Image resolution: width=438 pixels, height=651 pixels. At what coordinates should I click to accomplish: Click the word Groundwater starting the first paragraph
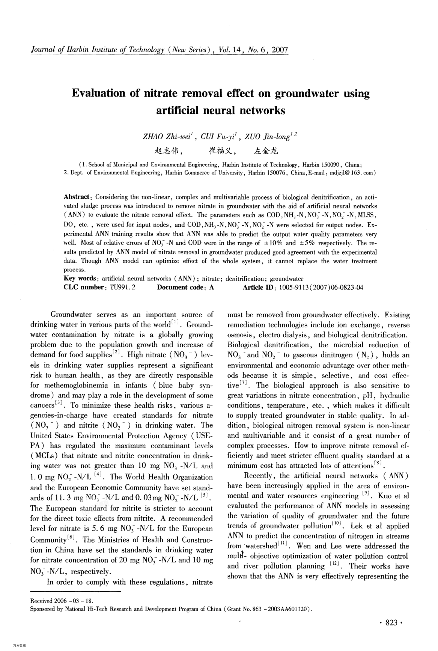71,315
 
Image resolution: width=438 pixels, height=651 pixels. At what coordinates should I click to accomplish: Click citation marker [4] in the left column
96,475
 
